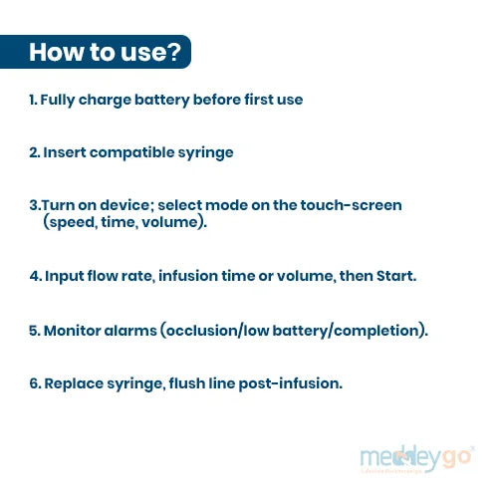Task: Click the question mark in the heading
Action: coord(173,52)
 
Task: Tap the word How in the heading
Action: coord(56,52)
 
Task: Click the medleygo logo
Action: coord(417,459)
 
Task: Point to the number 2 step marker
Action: coord(34,152)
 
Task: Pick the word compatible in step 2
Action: coord(131,153)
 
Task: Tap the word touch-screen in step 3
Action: coord(351,205)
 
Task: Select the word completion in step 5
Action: coord(376,331)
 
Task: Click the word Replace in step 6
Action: coord(74,384)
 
